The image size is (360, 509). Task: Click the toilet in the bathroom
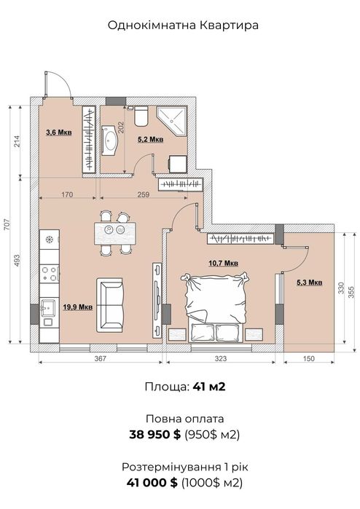(141, 116)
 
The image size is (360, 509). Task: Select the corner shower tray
(171, 121)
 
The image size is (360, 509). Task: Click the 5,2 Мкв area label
(150, 140)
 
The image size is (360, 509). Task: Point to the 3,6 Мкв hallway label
(59, 132)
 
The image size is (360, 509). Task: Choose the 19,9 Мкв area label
(78, 307)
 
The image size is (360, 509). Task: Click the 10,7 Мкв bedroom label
(223, 263)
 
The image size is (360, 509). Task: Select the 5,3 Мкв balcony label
(309, 283)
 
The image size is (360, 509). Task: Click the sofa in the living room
(110, 304)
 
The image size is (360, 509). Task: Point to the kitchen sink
(49, 307)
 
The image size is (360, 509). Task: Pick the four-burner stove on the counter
(50, 273)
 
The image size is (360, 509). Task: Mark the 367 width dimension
(101, 358)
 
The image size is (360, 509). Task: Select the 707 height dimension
(7, 224)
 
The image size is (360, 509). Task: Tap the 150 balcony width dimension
(309, 358)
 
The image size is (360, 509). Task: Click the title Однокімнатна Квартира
(183, 25)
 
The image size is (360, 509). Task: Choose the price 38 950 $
(154, 434)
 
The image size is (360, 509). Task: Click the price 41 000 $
(152, 483)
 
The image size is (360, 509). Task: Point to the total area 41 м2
(209, 387)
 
